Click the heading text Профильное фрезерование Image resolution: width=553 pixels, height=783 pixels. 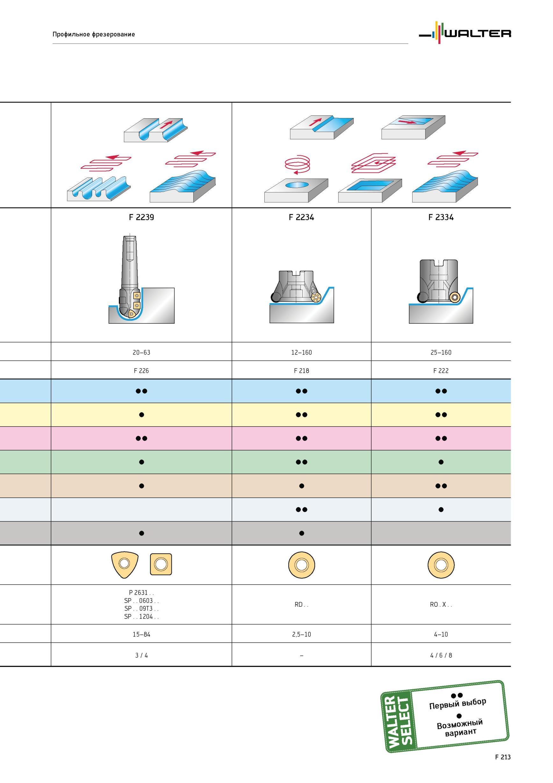94,34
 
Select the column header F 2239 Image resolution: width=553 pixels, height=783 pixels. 141,217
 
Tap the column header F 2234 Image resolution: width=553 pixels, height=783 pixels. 301,217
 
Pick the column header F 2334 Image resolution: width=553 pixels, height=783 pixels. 441,217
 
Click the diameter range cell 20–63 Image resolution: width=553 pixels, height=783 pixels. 141,352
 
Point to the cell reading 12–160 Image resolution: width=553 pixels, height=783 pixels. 301,352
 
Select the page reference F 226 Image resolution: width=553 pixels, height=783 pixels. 141,371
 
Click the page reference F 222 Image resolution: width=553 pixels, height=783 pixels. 441,371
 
